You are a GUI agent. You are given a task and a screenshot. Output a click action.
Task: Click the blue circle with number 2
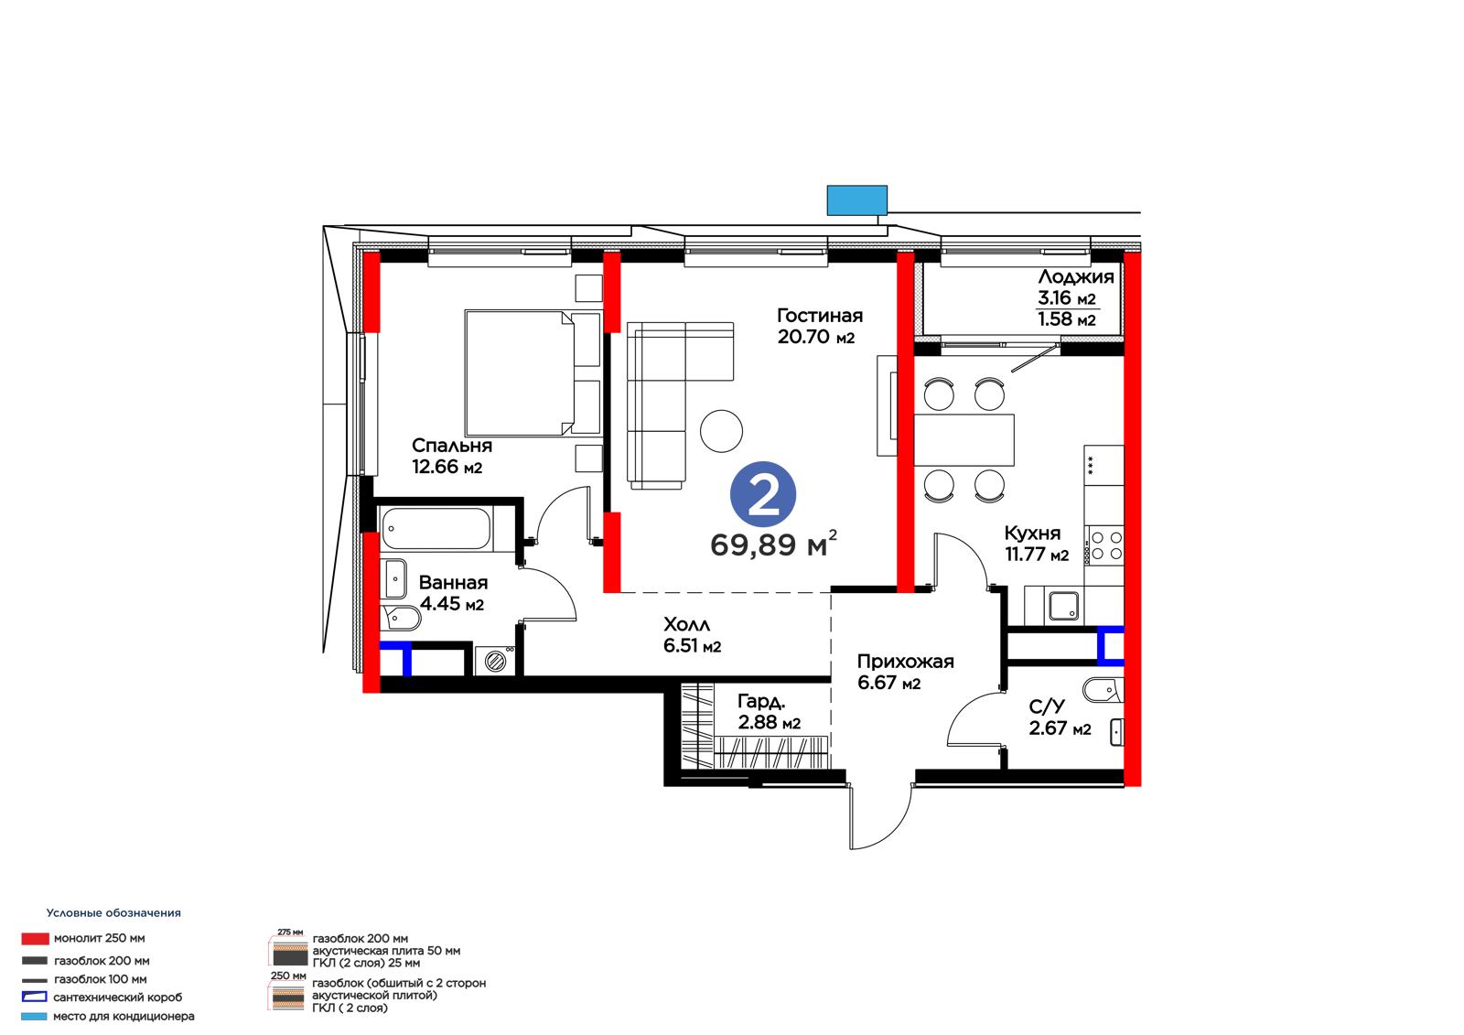click(x=763, y=495)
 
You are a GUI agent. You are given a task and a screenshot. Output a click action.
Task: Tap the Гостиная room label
click(x=820, y=316)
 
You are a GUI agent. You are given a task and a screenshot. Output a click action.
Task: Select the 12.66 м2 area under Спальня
click(x=447, y=467)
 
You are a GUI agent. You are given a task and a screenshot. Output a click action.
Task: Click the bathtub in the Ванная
click(x=436, y=529)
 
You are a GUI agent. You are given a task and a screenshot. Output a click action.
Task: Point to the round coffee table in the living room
click(x=721, y=431)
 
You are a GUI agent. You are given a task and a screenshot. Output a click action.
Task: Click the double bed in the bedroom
click(x=533, y=372)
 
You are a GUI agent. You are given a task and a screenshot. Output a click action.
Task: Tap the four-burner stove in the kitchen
click(x=1106, y=545)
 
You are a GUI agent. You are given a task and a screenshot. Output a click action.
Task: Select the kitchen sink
click(x=1063, y=606)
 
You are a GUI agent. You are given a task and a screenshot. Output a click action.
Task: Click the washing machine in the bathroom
click(x=495, y=661)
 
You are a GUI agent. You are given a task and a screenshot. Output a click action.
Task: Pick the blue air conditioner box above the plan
click(x=856, y=200)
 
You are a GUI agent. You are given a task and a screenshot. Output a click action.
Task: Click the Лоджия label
click(x=1076, y=277)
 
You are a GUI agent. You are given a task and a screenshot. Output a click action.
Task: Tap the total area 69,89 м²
click(x=773, y=544)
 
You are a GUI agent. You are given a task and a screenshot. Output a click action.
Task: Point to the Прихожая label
click(x=905, y=662)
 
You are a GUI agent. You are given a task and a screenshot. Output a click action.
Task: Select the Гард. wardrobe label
click(x=761, y=702)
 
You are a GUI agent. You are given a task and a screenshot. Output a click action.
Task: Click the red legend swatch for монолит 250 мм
click(x=35, y=939)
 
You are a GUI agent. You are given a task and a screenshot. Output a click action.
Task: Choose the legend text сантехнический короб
click(x=118, y=997)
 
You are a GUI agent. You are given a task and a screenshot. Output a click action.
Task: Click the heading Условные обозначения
click(x=113, y=912)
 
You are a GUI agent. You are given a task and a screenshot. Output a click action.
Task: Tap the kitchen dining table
click(x=964, y=439)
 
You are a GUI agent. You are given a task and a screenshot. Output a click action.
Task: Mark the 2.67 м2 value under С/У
click(x=1060, y=728)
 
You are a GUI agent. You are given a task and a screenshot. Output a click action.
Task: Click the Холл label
click(x=686, y=624)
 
